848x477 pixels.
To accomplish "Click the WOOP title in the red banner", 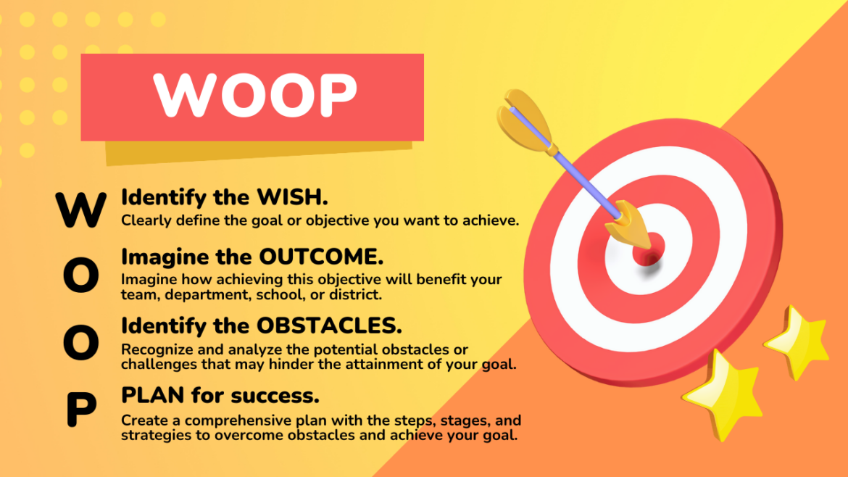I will [255, 95].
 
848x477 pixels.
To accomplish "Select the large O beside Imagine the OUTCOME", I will [81, 278].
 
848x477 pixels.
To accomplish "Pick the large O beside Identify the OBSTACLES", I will [81, 344].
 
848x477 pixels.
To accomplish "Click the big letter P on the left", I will [81, 410].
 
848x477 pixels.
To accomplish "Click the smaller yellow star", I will [798, 340].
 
